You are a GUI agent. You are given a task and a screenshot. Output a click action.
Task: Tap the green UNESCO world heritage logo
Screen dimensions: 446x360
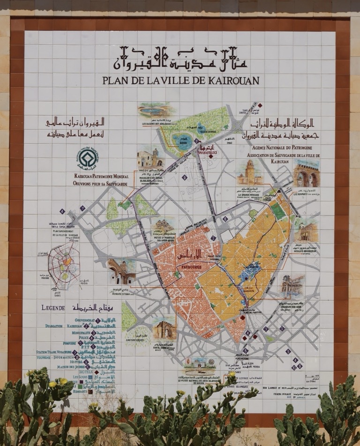pyautogui.click(x=88, y=158)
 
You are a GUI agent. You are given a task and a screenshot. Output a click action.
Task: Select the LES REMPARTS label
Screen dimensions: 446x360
pyautogui.click(x=305, y=193)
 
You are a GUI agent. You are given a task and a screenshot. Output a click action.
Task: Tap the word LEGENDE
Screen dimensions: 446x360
pyautogui.click(x=53, y=308)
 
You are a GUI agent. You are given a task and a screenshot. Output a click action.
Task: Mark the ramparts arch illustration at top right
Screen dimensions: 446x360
pyautogui.click(x=307, y=175)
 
